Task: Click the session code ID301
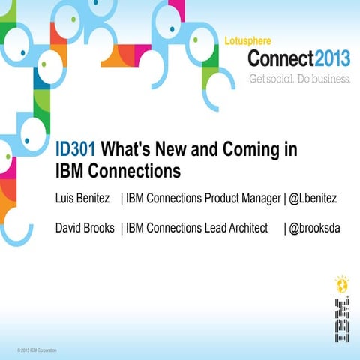(x=76, y=149)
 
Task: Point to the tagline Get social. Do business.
(x=298, y=78)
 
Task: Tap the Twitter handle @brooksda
(x=314, y=227)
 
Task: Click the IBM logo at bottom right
(x=341, y=320)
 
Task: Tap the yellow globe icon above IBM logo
(x=341, y=285)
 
